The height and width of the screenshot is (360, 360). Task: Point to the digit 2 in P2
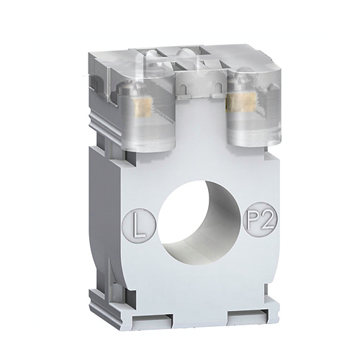pyautogui.click(x=269, y=220)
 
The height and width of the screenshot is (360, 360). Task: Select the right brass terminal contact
pyautogui.click(x=241, y=103)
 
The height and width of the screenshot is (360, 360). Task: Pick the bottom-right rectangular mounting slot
pyautogui.click(x=248, y=315)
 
